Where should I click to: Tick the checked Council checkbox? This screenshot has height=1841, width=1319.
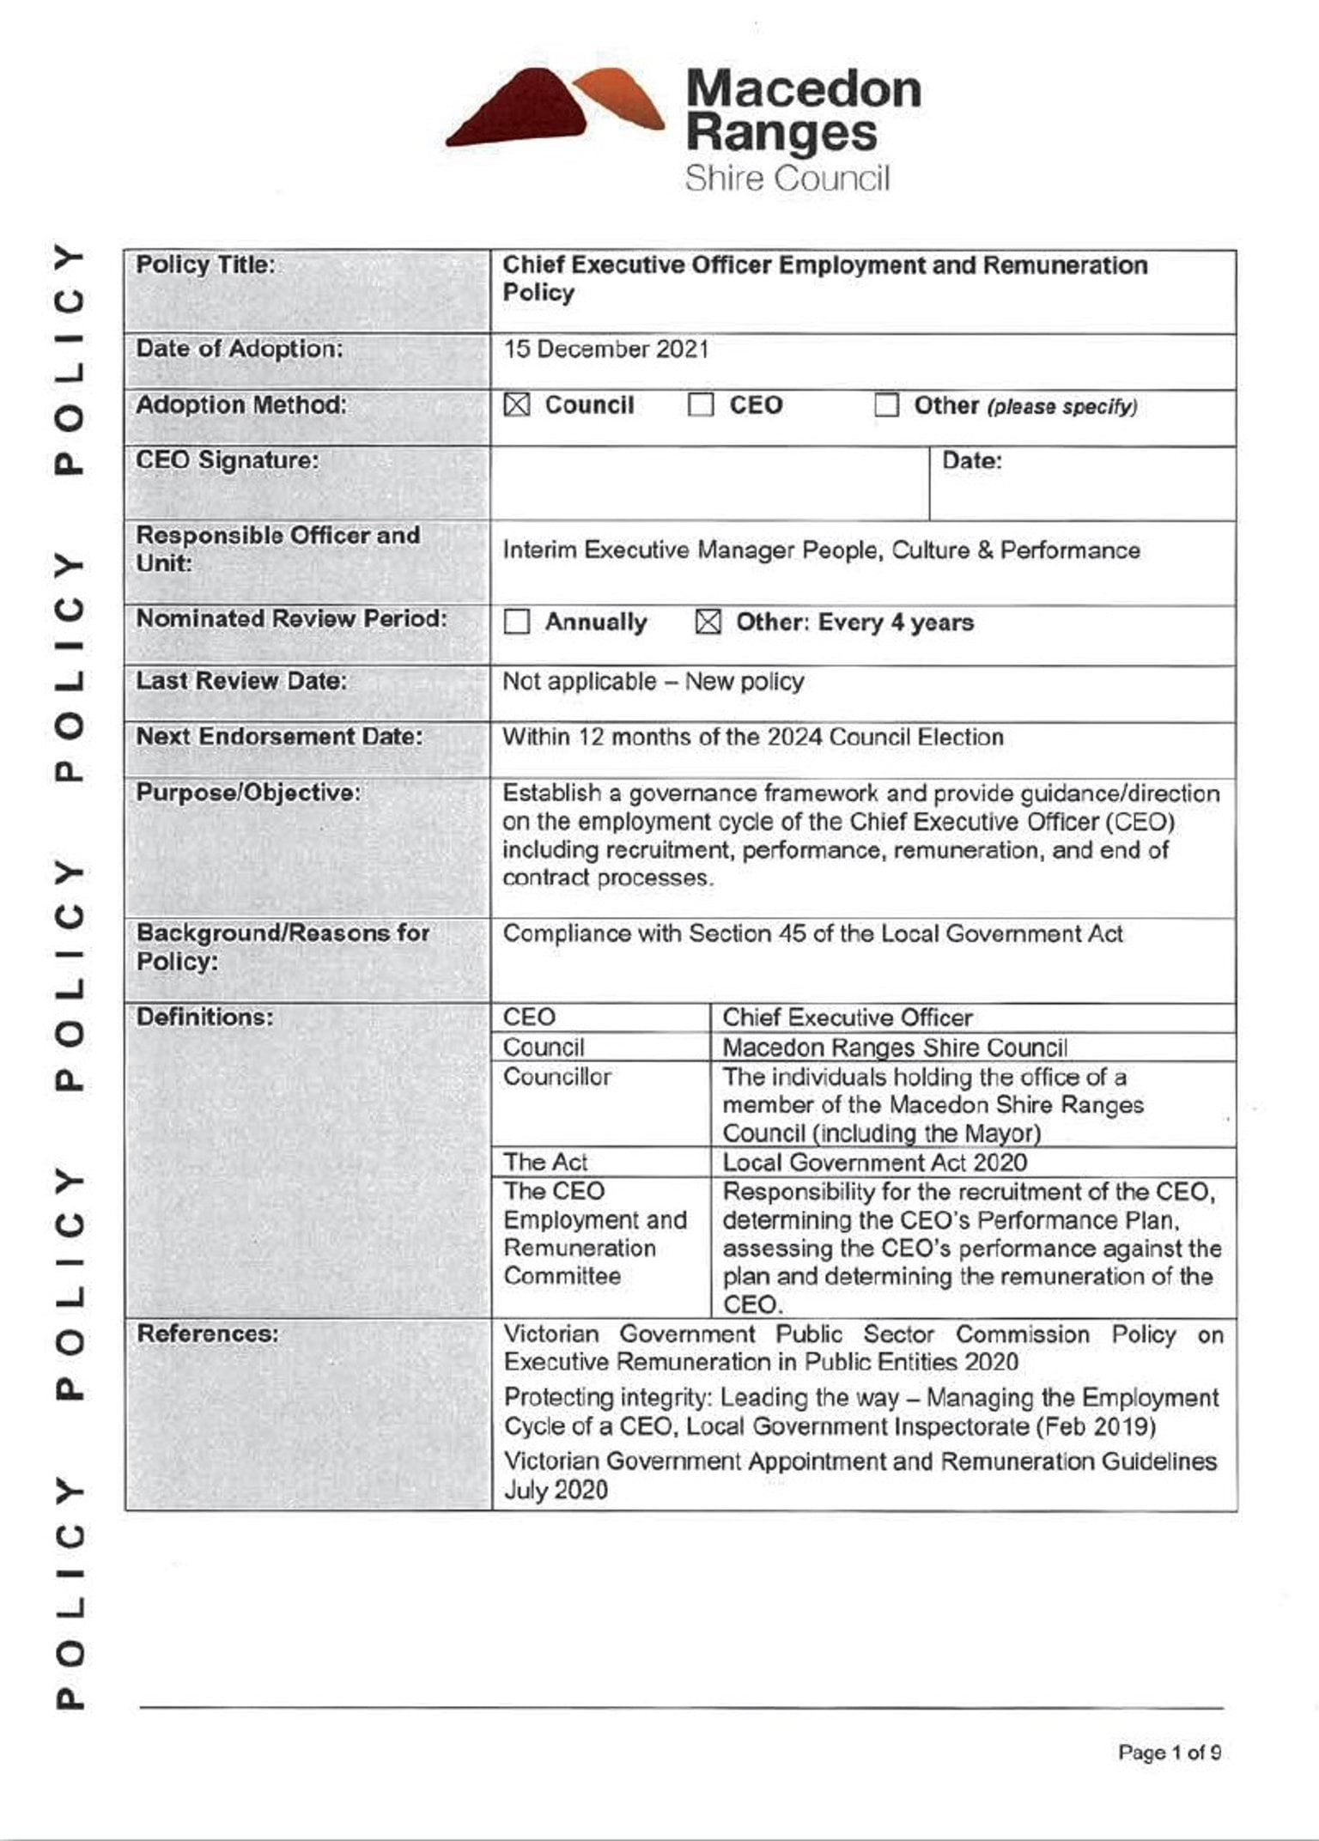point(517,404)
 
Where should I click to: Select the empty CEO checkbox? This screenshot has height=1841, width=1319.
point(701,404)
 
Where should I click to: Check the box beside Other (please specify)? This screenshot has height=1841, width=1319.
point(886,404)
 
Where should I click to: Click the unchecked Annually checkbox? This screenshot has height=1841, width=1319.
point(517,622)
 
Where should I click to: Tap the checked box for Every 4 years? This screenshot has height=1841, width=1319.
point(708,622)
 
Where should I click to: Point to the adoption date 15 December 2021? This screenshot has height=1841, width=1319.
point(606,349)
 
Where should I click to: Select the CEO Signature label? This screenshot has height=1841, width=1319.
point(228,461)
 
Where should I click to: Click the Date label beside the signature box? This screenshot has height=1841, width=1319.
point(972,461)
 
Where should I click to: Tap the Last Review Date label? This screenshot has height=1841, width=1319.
point(241,681)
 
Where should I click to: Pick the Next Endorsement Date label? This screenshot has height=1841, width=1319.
point(279,737)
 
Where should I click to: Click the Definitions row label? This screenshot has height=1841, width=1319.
point(205,1018)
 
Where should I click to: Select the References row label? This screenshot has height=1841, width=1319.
point(208,1334)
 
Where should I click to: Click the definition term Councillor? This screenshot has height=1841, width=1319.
point(557,1077)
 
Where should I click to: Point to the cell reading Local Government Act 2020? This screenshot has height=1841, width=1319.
point(874,1163)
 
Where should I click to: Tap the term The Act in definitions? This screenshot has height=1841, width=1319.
point(545,1163)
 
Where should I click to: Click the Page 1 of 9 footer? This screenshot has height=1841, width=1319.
point(1169,1753)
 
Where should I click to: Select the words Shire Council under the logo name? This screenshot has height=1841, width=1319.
point(787,179)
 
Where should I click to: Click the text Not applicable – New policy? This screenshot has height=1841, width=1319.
point(653,682)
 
